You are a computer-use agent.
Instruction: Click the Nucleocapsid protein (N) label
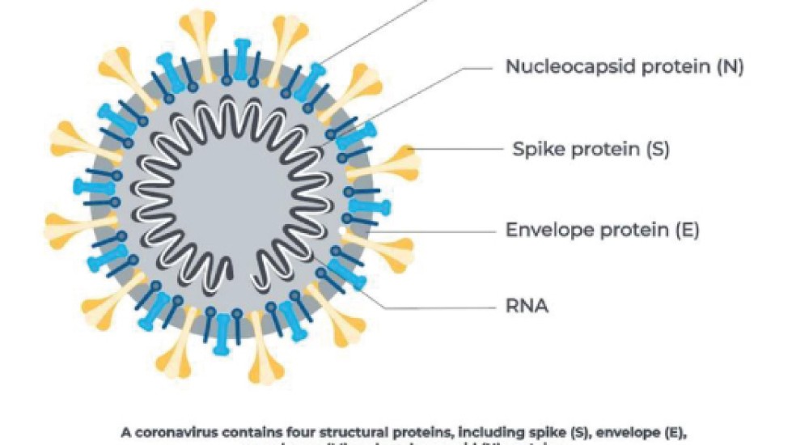pos(625,66)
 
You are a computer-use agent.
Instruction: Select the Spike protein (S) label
pos(591,150)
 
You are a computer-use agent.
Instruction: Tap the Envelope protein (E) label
pos(602,230)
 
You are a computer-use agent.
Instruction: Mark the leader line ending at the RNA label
pos(437,307)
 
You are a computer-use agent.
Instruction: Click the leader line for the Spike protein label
pos(453,150)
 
